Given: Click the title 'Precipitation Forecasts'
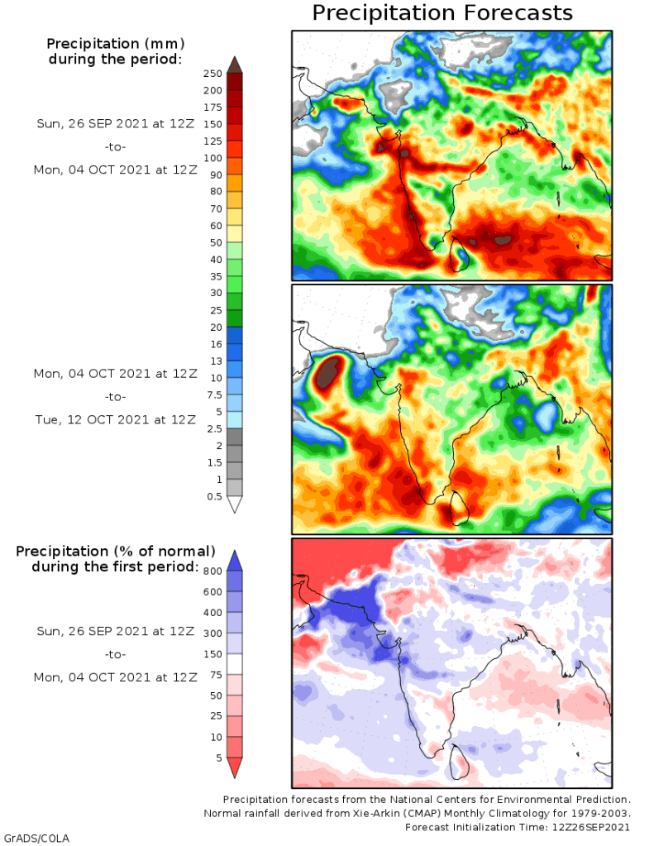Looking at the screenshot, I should (442, 13).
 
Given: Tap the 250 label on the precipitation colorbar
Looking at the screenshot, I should (212, 74).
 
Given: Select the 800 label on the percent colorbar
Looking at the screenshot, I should (212, 571).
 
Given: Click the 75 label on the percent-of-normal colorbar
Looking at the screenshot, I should (214, 674).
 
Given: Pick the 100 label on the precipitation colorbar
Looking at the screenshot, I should (212, 158).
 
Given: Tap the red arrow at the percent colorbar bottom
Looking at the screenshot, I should (234, 768).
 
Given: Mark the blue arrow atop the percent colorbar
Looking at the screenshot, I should (234, 560).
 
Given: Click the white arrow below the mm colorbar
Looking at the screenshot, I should (234, 504).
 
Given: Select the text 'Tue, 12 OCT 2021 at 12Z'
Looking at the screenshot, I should (114, 418).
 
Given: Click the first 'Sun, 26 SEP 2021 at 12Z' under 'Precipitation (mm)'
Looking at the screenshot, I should (114, 124).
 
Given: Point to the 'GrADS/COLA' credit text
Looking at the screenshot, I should (36, 838).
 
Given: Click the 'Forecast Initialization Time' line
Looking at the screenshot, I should (518, 827).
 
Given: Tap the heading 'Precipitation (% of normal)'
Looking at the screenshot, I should (116, 551).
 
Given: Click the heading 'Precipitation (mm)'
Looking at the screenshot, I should (114, 43).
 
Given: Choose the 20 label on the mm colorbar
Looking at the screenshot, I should (214, 327).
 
